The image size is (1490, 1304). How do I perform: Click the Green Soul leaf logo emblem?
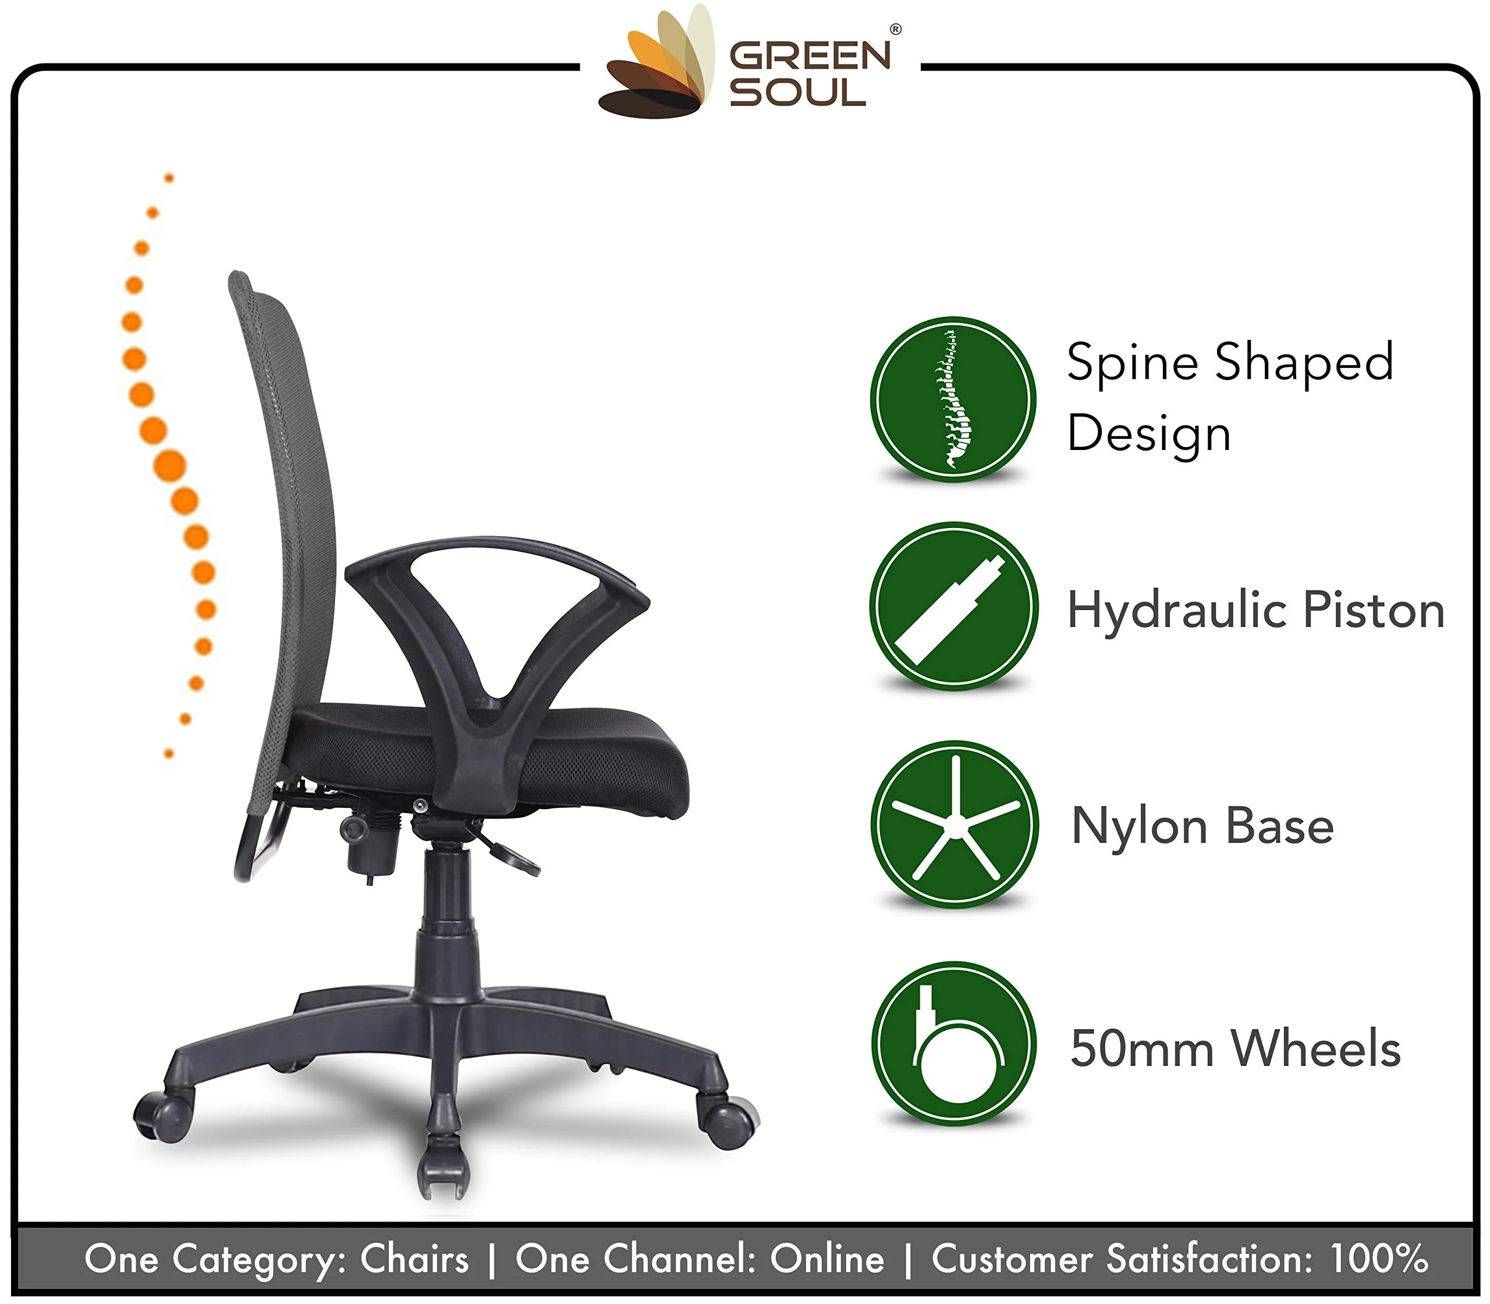[653, 69]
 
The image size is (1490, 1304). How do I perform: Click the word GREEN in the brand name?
[810, 55]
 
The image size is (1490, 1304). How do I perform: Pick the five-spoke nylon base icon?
[954, 824]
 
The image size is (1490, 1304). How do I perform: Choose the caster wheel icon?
[954, 1044]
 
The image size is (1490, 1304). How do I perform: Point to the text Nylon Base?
[1202, 827]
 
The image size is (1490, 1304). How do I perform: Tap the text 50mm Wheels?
[1234, 1048]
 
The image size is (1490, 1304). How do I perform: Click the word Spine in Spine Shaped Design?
[1132, 362]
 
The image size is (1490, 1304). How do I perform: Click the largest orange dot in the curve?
[169, 466]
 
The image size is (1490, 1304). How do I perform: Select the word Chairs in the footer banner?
[414, 1258]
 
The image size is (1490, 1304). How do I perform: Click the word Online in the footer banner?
[826, 1258]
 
